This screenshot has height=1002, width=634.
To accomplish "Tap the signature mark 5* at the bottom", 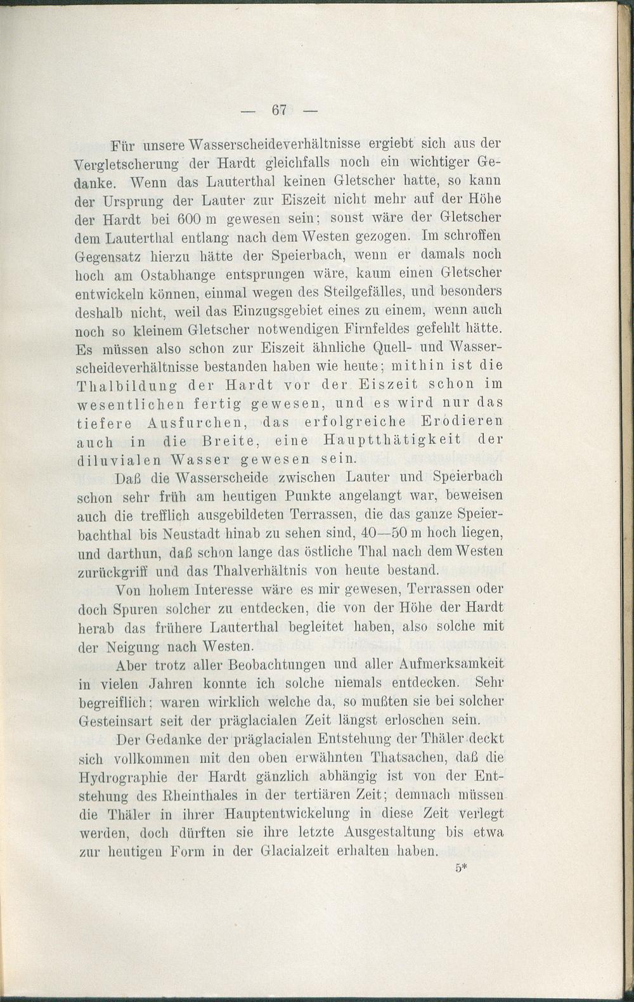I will click(x=461, y=869).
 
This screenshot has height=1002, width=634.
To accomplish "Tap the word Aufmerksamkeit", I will click(x=453, y=664).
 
